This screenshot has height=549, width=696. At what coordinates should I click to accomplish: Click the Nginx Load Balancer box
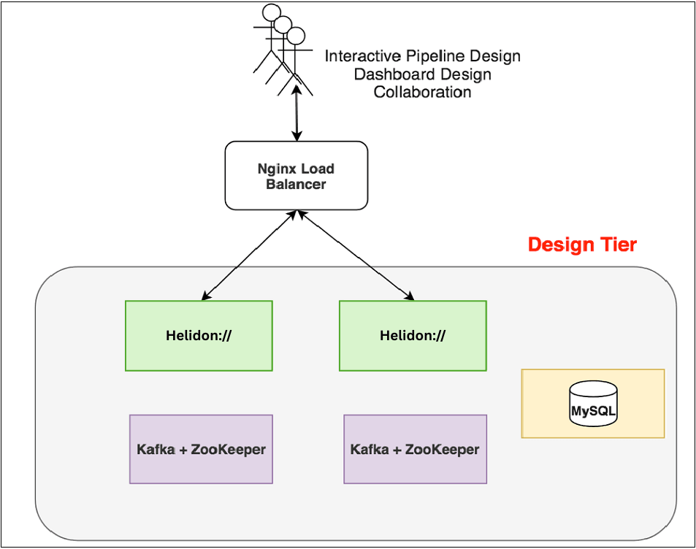coord(296,176)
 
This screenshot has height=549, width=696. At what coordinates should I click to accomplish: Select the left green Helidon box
coord(199,336)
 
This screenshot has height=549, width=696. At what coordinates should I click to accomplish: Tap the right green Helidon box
coord(413,336)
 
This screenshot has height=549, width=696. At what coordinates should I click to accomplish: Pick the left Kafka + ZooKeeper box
coord(201,449)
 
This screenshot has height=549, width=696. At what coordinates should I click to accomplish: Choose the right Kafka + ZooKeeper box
coord(415,449)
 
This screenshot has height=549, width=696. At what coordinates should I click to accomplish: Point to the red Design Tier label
coord(582,245)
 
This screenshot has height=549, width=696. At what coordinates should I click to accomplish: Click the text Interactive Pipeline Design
coord(422,56)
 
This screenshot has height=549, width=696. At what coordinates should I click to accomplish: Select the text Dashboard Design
coord(422,74)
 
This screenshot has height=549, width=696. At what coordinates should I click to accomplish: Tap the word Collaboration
coord(422,93)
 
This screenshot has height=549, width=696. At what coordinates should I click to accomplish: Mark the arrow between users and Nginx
coord(297,113)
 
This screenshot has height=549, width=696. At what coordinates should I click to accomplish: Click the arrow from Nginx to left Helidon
coord(248,256)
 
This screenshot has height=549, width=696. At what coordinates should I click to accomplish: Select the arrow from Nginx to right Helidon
coord(354,256)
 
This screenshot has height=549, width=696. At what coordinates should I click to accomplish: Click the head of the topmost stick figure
coord(271,12)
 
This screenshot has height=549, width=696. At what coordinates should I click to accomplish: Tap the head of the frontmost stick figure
coord(296,36)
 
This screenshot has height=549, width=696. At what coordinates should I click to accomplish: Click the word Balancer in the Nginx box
coord(296,184)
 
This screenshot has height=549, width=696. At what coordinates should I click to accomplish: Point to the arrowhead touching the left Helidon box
coord(205,297)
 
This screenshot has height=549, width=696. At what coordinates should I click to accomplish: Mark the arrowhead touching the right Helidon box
coord(410,297)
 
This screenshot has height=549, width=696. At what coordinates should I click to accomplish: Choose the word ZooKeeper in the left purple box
coord(228,449)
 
